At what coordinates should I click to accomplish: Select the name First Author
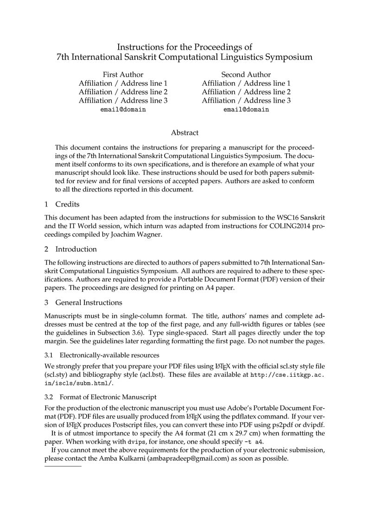click(x=123, y=75)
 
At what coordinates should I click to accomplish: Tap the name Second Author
click(x=246, y=75)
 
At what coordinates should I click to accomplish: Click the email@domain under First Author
click(x=123, y=109)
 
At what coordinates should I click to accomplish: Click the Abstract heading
click(x=184, y=133)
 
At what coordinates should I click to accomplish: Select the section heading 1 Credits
click(x=62, y=204)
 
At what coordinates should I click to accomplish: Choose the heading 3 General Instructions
click(x=83, y=302)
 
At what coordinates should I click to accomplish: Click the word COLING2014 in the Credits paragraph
click(x=288, y=225)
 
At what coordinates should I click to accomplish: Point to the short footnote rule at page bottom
click(x=63, y=466)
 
